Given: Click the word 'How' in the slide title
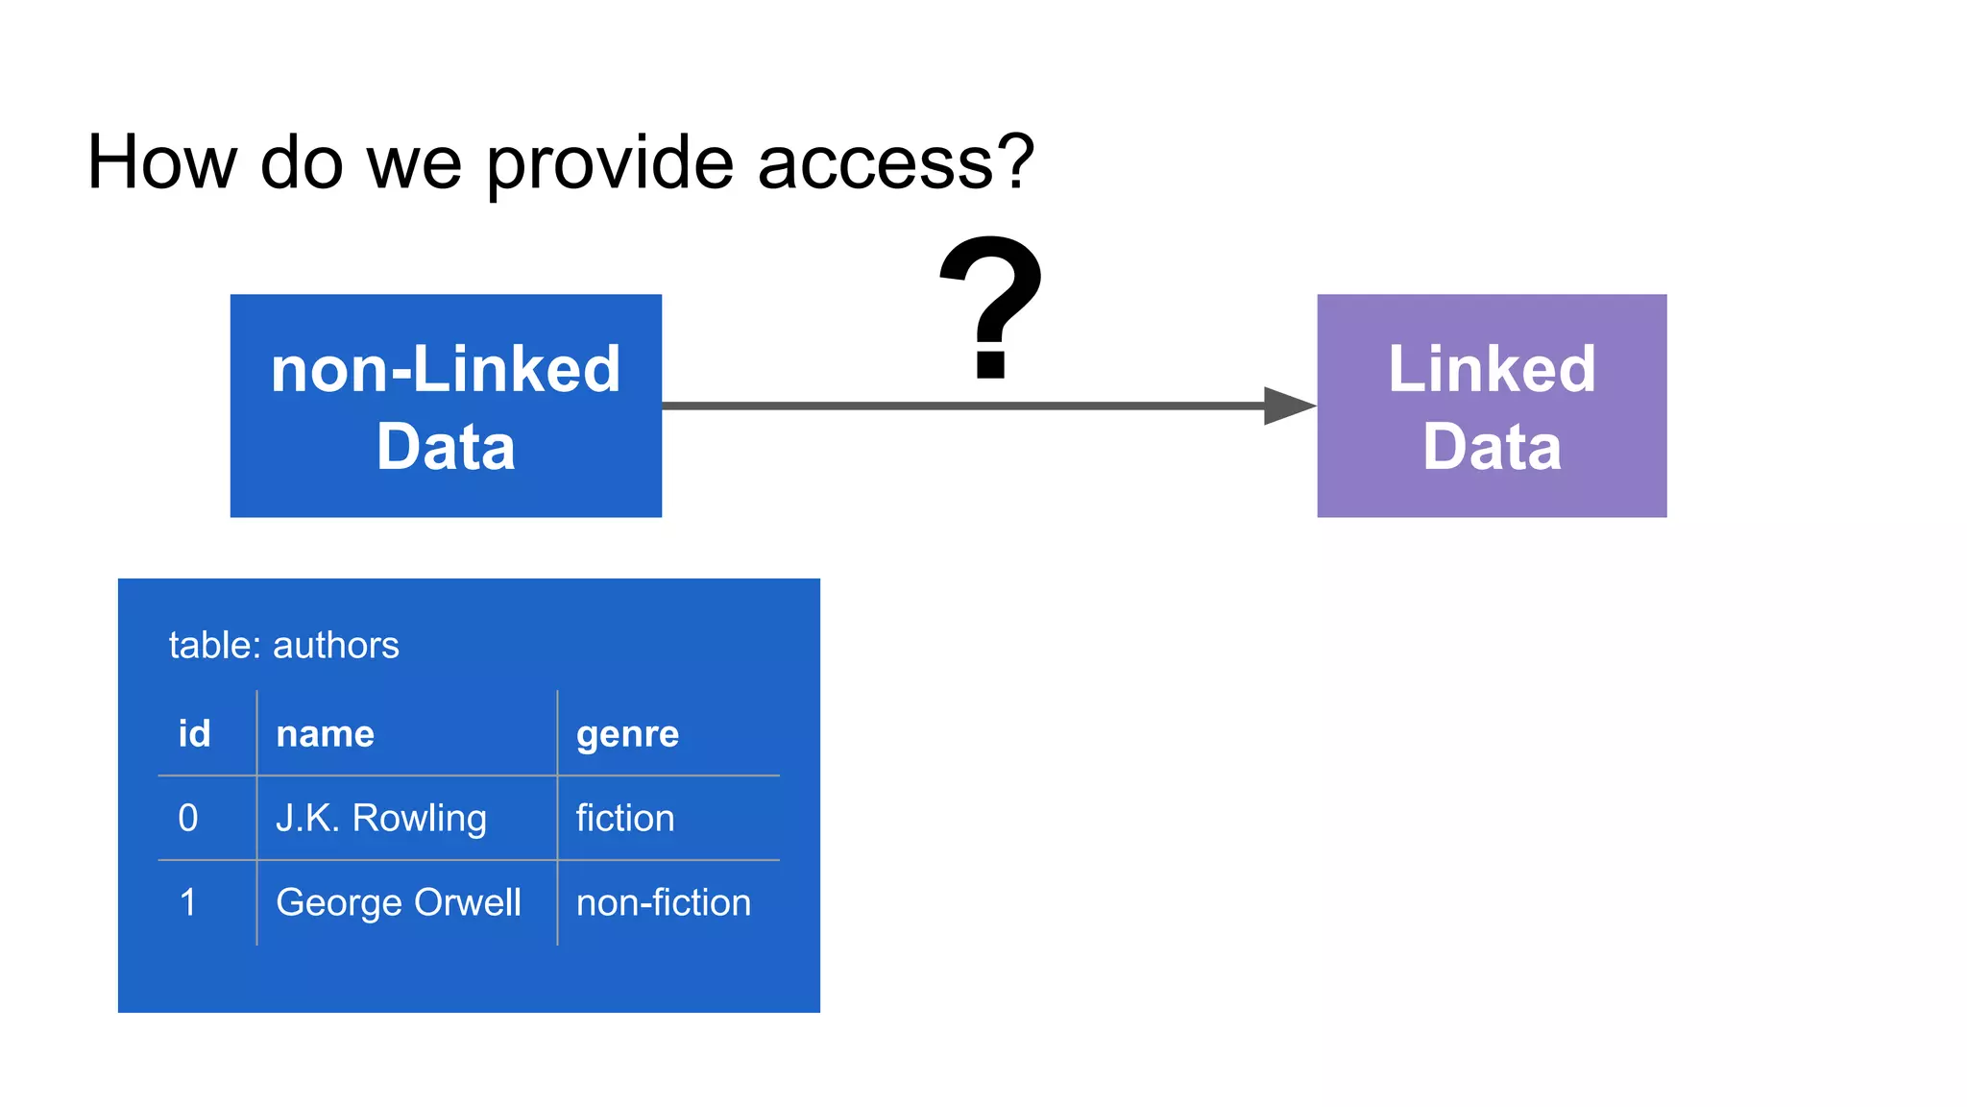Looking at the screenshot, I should [161, 161].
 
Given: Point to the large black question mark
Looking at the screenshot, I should [991, 306].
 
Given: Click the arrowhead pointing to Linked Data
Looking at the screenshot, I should [1287, 406].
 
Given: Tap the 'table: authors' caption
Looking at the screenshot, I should [283, 645].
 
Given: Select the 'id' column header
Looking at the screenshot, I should [194, 733].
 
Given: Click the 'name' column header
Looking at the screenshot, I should [325, 733].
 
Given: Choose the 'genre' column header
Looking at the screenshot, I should [627, 734].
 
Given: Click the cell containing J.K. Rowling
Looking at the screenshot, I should [381, 818].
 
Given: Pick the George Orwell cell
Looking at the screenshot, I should [398, 902].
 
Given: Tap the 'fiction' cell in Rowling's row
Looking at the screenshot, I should [625, 818].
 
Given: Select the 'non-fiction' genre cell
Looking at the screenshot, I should [663, 902].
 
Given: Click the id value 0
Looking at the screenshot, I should [188, 818].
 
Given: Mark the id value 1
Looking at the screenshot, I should [188, 902].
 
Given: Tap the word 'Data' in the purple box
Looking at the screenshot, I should [1492, 447].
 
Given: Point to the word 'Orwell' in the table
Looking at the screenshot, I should [467, 902].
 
